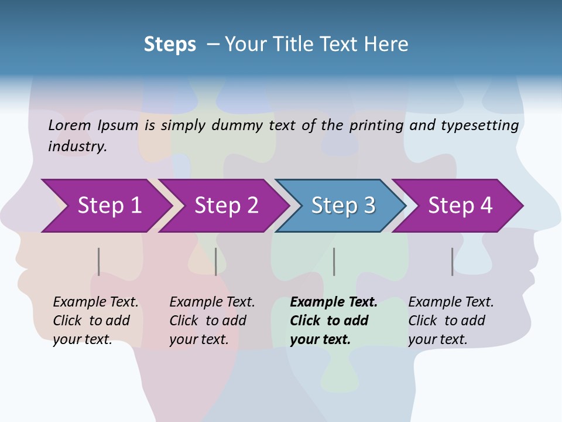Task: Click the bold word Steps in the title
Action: point(170,44)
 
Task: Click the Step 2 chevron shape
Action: point(225,206)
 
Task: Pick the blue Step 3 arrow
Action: point(342,206)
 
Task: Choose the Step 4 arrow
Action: point(460,206)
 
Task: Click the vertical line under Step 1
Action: point(98,261)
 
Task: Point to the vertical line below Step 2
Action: point(216,261)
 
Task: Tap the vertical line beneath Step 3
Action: point(334,261)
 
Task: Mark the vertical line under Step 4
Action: point(452,261)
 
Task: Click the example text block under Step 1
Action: point(95,321)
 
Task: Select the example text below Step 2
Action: point(212,321)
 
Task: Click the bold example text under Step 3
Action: point(333,321)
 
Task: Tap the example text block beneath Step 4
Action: point(451,321)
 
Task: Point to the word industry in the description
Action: point(77,147)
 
